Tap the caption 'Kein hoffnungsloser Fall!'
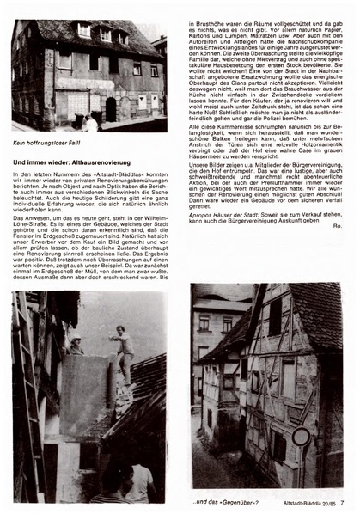pyautogui.click(x=49, y=144)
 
